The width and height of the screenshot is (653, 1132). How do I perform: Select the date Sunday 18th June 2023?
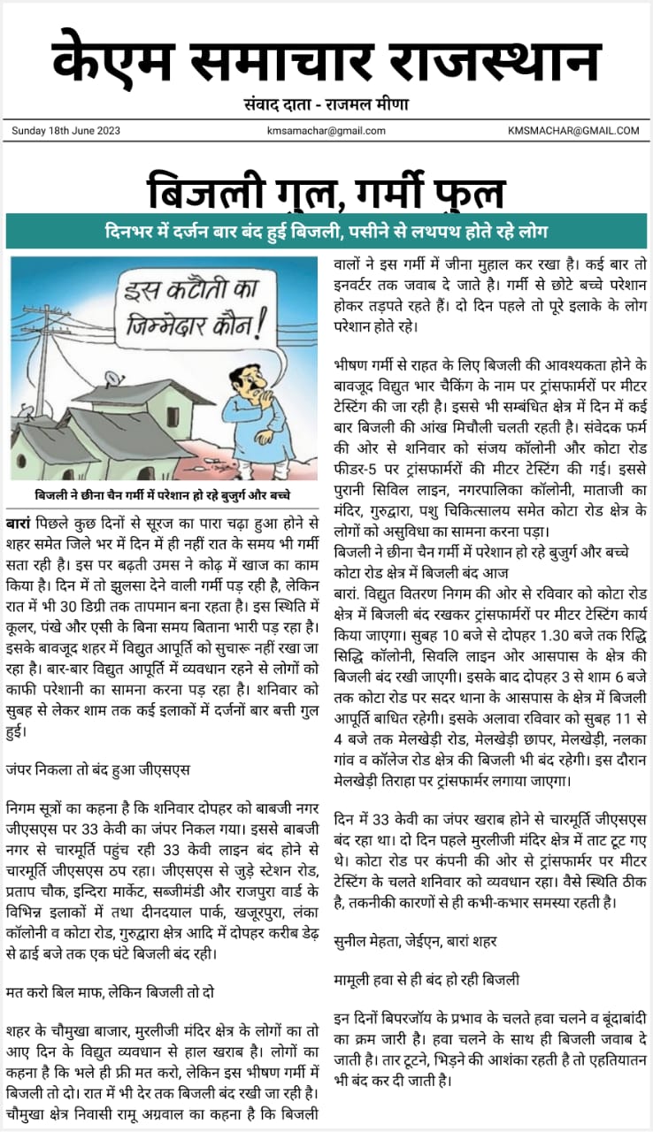tap(66, 131)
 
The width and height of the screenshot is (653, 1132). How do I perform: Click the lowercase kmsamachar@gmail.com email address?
tap(326, 131)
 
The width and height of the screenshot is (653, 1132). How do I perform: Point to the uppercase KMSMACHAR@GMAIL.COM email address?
tap(573, 131)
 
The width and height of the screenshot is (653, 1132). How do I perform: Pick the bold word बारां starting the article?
tap(19, 514)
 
